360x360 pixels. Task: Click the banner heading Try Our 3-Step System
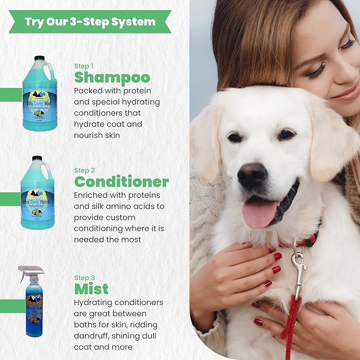(90, 22)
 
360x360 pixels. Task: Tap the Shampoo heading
(112, 77)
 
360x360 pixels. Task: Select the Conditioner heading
(121, 182)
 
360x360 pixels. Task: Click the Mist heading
(91, 288)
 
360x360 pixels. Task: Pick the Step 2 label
(85, 170)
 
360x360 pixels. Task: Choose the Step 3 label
(85, 278)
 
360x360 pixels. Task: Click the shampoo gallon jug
(40, 94)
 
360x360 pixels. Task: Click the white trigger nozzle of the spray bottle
(29, 272)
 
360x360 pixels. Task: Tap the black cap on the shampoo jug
(39, 58)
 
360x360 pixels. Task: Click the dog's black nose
(252, 174)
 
